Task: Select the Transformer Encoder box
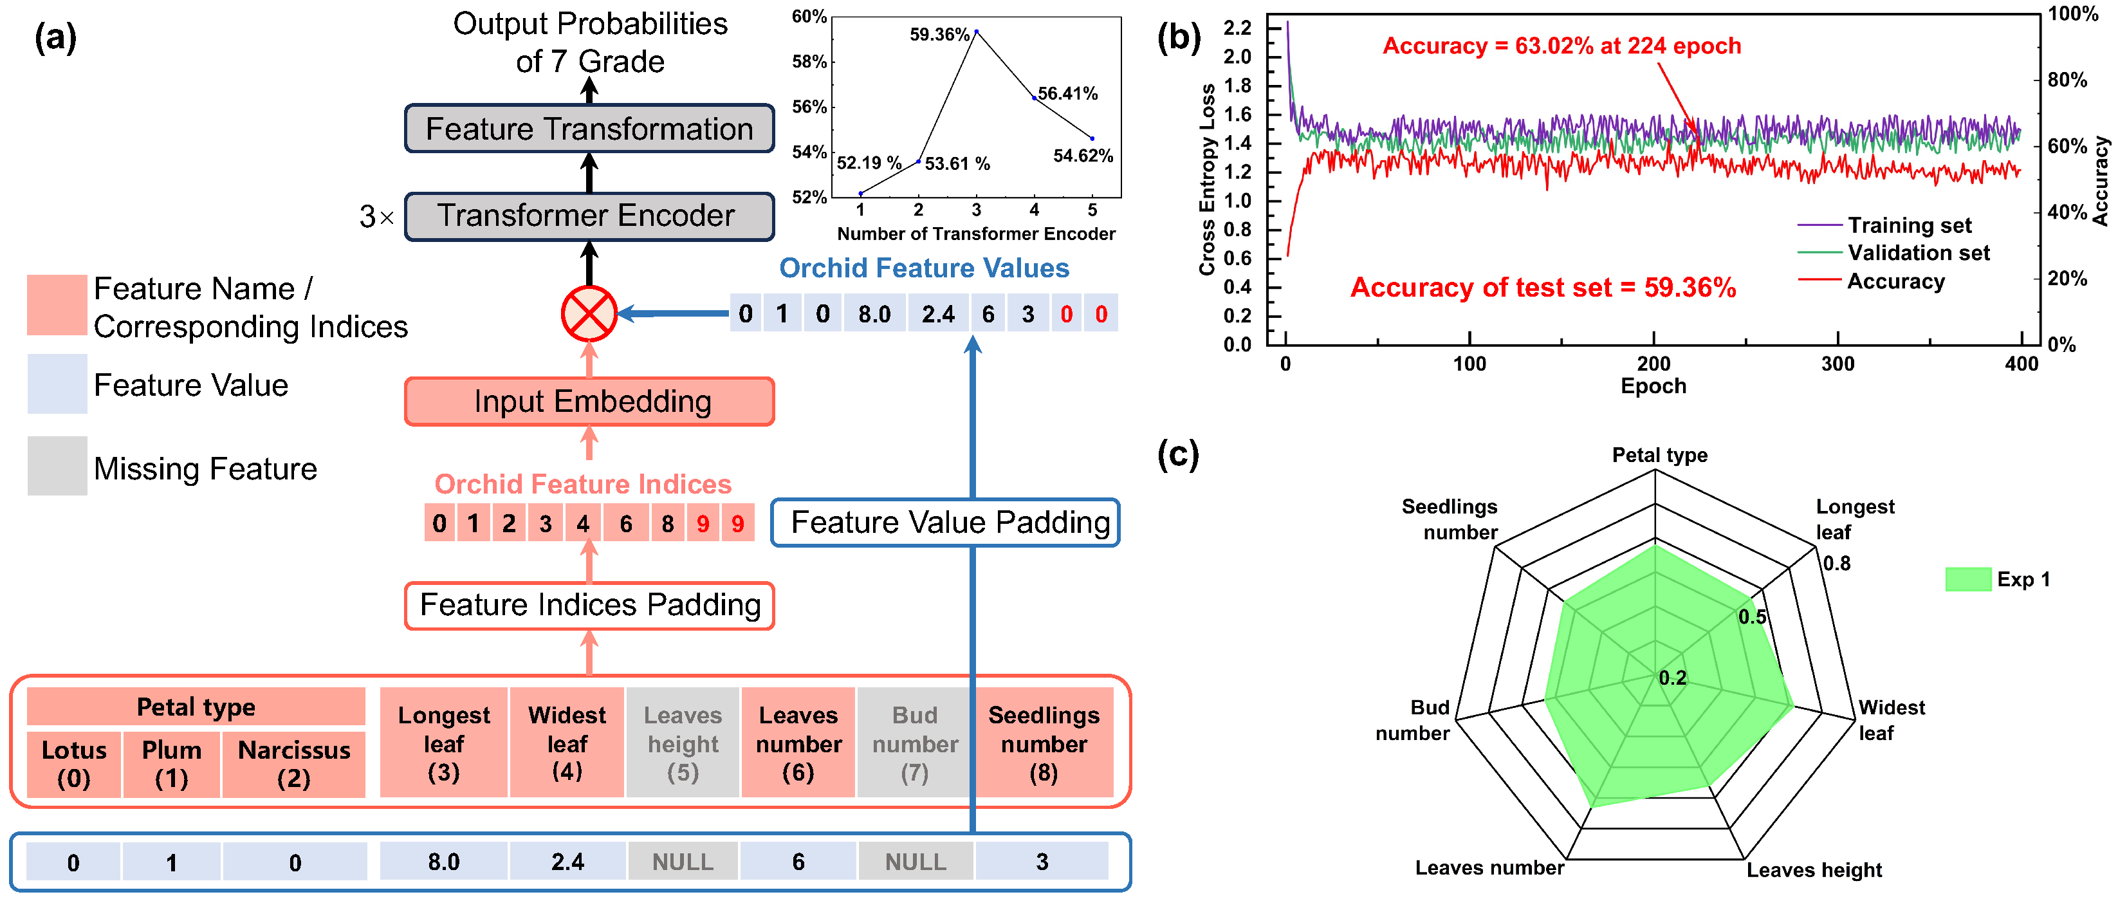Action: (589, 216)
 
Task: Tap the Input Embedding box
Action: (589, 402)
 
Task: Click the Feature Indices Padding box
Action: (589, 606)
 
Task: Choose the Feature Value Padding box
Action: (946, 523)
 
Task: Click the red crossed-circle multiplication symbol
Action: (589, 313)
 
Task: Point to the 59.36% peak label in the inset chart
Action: (939, 35)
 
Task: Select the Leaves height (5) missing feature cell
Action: (683, 743)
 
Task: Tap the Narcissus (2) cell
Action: (293, 764)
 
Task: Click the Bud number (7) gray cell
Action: (914, 743)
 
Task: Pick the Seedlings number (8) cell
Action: (1044, 743)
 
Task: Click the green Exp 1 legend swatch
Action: (1967, 579)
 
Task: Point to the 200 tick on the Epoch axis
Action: (1653, 364)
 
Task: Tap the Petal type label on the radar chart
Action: (1659, 455)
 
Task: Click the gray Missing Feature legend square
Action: (57, 465)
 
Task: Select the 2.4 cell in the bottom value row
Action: (567, 861)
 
